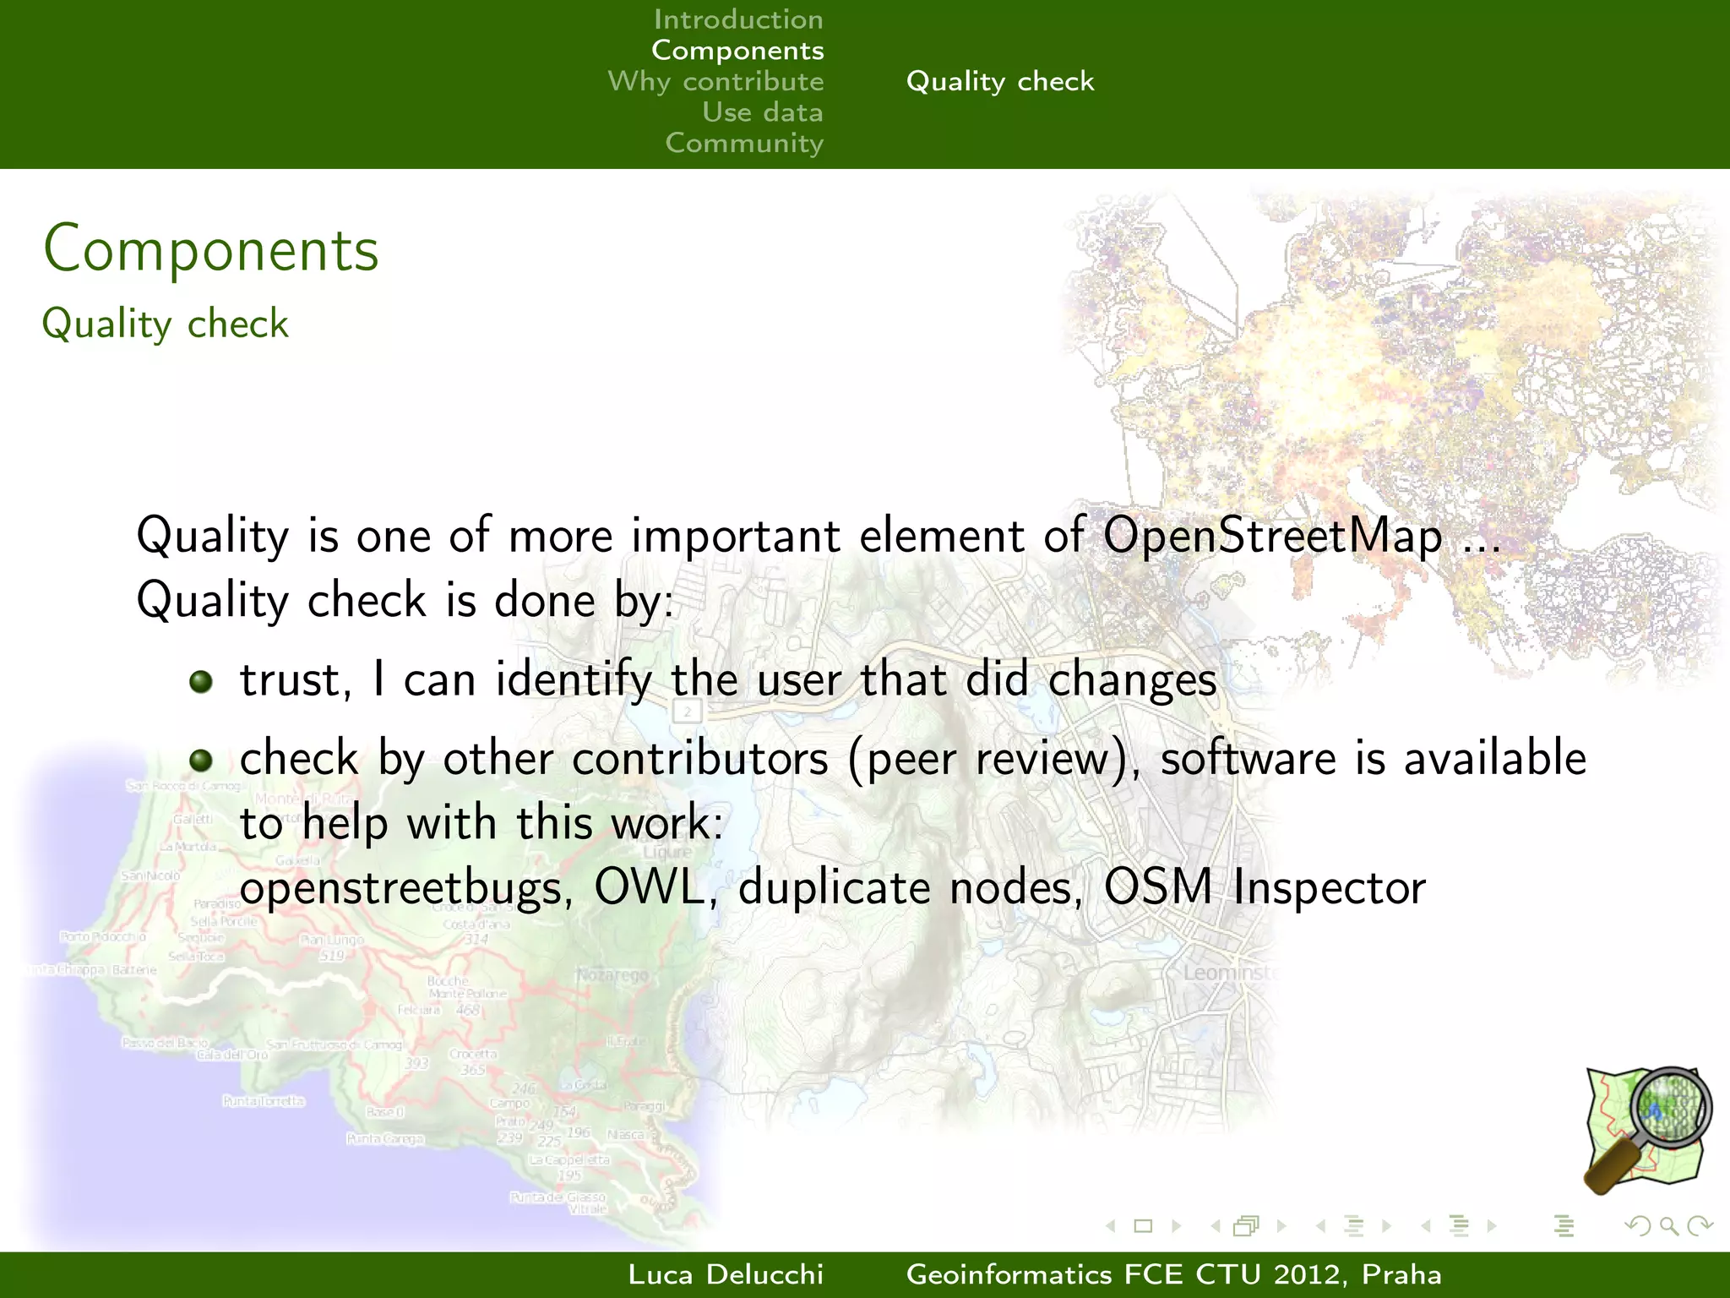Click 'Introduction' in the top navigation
(x=737, y=19)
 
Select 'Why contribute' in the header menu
(x=715, y=81)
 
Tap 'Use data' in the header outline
(x=762, y=112)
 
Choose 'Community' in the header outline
(x=743, y=143)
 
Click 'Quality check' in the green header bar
(x=999, y=81)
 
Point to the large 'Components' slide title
(x=211, y=249)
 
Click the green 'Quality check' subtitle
(x=166, y=324)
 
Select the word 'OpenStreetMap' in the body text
(x=1273, y=536)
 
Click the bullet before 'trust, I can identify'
(x=201, y=681)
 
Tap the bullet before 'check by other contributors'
(x=201, y=760)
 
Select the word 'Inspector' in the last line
(x=1329, y=888)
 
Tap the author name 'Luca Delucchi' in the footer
(x=726, y=1274)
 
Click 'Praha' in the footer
(x=1401, y=1274)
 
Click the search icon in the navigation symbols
(x=1668, y=1225)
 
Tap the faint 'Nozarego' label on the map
(x=612, y=975)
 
